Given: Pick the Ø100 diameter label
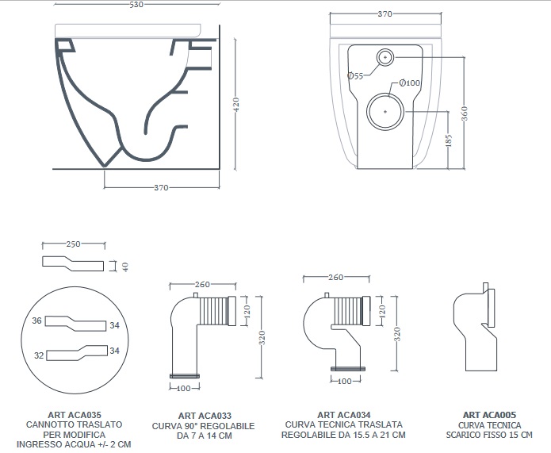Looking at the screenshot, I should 409,83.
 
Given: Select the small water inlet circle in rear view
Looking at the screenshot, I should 385,56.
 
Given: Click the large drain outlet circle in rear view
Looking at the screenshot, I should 386,112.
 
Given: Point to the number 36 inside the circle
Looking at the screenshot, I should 36,321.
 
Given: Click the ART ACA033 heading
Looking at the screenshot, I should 204,415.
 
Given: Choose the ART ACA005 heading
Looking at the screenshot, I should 489,414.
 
